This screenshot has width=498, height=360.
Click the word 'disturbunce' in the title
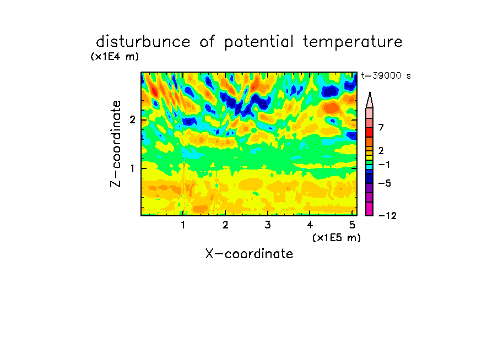pyautogui.click(x=143, y=42)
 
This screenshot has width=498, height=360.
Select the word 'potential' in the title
pyautogui.click(x=259, y=42)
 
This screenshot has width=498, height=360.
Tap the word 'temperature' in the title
pyautogui.click(x=353, y=42)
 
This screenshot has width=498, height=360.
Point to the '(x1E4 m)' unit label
pyautogui.click(x=115, y=57)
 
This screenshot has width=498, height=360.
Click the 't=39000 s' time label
pyautogui.click(x=386, y=76)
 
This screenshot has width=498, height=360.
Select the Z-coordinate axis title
pyautogui.click(x=116, y=144)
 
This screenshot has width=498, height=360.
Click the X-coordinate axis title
pyautogui.click(x=249, y=254)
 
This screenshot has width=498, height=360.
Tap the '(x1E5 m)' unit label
pyautogui.click(x=337, y=238)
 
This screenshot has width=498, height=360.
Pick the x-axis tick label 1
pyautogui.click(x=183, y=225)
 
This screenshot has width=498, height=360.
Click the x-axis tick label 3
pyautogui.click(x=268, y=225)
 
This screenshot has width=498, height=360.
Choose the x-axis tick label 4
pyautogui.click(x=310, y=225)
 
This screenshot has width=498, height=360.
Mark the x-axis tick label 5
pyautogui.click(x=352, y=225)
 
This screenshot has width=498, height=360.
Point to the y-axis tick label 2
pyautogui.click(x=132, y=120)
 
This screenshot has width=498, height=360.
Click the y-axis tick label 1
pyautogui.click(x=132, y=168)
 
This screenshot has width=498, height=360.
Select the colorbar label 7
pyautogui.click(x=381, y=127)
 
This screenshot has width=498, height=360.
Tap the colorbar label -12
pyautogui.click(x=387, y=216)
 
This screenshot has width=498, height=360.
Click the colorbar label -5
pyautogui.click(x=385, y=183)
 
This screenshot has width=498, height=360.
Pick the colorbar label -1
pyautogui.click(x=384, y=165)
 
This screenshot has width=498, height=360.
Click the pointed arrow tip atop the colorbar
pyautogui.click(x=370, y=92)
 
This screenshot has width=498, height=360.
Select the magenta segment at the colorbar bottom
pyautogui.click(x=370, y=209)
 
